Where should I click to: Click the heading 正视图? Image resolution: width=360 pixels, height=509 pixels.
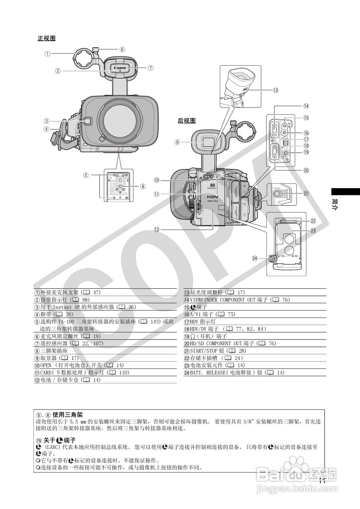coord(46,39)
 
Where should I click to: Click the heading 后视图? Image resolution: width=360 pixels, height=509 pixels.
coord(186,121)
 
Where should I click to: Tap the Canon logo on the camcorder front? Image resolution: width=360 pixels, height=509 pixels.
coord(120,68)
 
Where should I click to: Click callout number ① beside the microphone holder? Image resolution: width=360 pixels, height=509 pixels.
coord(47,54)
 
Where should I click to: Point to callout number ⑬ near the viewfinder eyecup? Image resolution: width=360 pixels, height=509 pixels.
coord(275,90)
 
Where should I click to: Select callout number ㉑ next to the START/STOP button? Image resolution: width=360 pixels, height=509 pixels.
coord(306,194)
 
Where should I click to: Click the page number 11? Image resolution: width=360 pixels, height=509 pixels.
coord(322,480)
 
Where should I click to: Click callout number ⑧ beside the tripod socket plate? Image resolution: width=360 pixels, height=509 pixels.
coord(143,186)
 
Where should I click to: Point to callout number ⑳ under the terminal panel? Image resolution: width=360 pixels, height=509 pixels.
coord(306,170)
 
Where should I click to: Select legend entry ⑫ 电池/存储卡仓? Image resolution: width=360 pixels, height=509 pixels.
coord(64,380)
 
